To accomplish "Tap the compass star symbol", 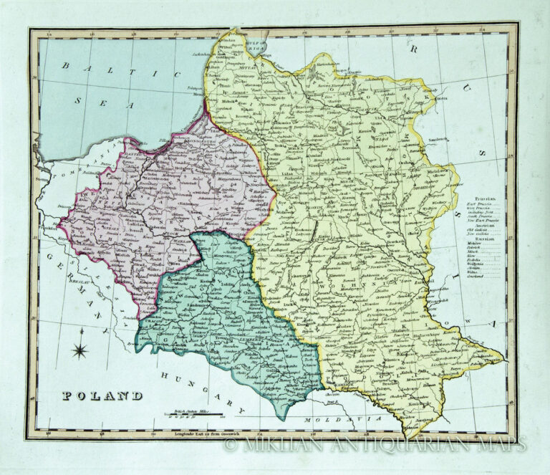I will pos(81,349).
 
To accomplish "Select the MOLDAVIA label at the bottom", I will pos(327,418).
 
